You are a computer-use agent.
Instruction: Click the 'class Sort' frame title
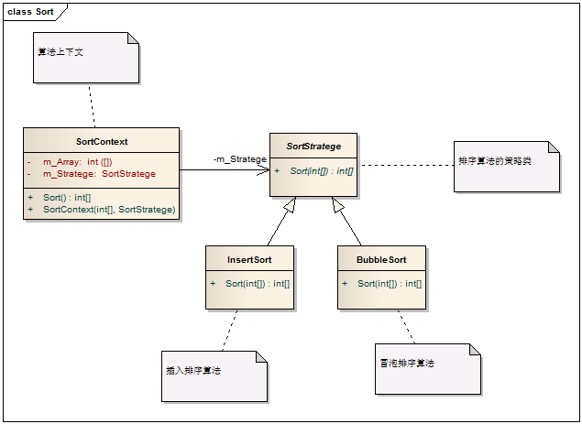30,11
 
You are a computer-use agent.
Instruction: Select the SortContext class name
102,141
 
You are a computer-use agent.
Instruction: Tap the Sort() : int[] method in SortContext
67,197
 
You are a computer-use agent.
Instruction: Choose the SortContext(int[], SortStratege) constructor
109,210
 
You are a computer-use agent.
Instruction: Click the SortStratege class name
313,146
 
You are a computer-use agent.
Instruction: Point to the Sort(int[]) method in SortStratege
321,171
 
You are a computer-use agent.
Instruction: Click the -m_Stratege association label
239,159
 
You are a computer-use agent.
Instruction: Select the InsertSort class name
249,259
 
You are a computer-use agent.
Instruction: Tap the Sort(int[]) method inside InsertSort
258,283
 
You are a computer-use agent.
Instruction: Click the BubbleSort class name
381,259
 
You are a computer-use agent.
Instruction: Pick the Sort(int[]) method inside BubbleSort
390,283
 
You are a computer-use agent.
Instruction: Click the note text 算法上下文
60,51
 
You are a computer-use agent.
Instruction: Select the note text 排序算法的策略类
495,160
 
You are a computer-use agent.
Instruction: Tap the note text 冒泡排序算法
407,364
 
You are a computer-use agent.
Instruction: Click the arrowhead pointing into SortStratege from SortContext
263,169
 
